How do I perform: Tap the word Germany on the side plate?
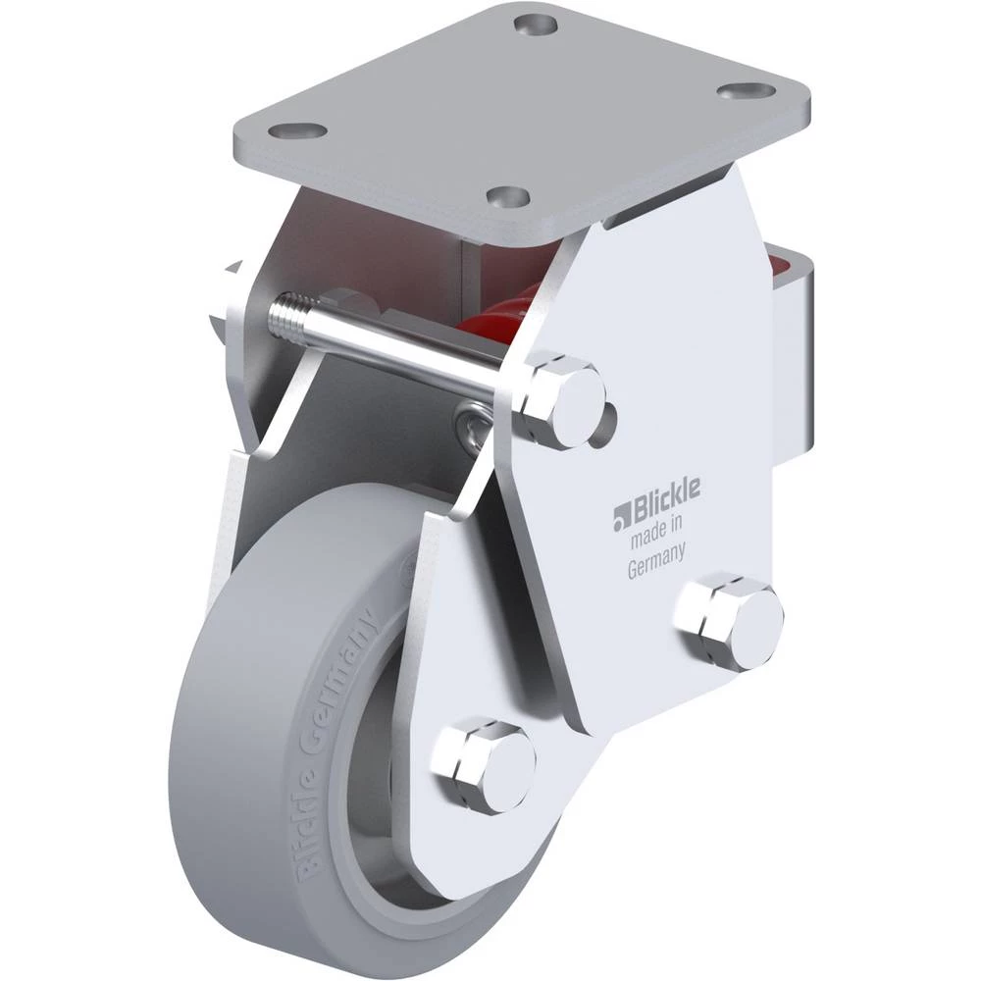(655, 561)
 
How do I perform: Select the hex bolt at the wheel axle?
(486, 766)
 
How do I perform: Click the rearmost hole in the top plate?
(536, 26)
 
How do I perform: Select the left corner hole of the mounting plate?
(298, 131)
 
